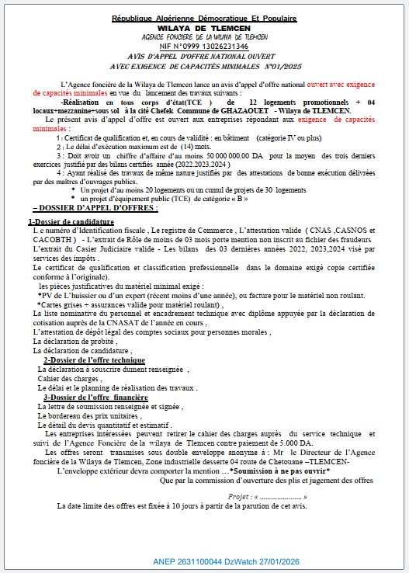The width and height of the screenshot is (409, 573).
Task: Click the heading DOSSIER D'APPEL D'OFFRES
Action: click(95, 209)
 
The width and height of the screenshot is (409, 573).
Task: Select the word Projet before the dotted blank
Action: click(241, 495)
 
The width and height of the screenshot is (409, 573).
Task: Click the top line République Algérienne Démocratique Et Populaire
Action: click(204, 17)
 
